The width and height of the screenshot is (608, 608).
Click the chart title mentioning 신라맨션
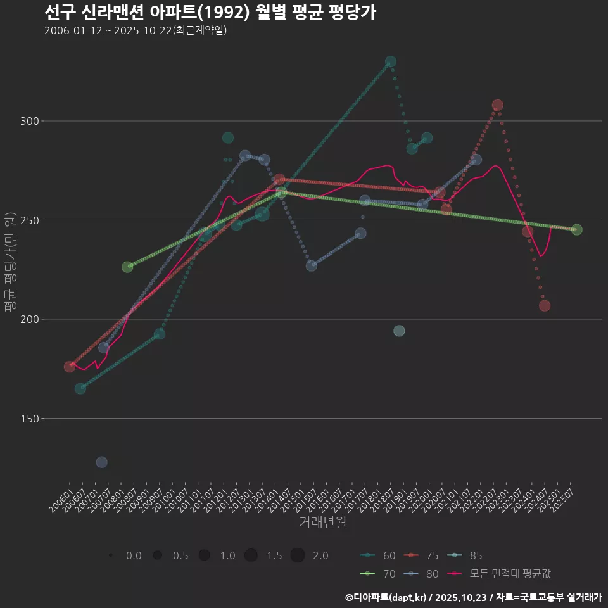[210, 12]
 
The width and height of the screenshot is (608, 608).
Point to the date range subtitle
[136, 30]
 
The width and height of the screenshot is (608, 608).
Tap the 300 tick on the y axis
[32, 121]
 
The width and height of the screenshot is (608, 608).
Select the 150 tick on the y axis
[32, 419]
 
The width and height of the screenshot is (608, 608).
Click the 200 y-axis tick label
[32, 319]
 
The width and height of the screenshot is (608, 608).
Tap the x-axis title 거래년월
[322, 522]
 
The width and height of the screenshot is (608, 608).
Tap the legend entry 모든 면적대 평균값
[500, 574]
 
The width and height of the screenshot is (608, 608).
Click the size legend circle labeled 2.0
[298, 555]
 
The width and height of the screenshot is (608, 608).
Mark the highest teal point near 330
[391, 61]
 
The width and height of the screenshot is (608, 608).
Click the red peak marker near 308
[497, 105]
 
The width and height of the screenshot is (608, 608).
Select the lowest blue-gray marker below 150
[101, 462]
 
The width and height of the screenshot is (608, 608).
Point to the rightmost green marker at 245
[576, 230]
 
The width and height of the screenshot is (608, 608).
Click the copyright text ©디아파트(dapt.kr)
[386, 597]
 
